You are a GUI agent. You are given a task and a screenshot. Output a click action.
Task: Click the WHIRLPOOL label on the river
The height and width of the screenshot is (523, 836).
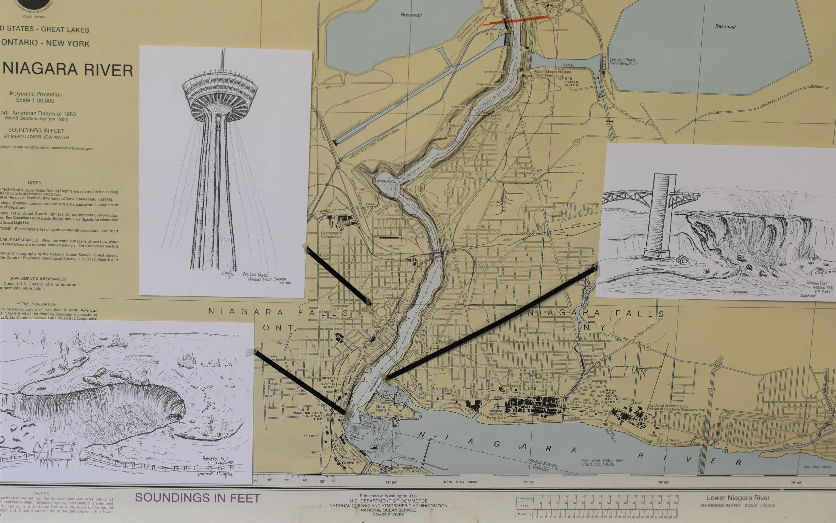point(386,181)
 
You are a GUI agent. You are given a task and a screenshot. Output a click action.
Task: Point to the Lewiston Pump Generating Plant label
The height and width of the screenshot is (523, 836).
point(623,62)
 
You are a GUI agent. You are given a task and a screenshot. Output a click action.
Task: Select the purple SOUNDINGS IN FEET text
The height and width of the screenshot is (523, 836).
point(197,498)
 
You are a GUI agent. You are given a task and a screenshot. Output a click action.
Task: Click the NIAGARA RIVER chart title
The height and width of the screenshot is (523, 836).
point(68,70)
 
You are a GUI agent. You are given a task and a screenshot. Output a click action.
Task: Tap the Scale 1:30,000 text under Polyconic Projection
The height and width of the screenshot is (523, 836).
point(35,101)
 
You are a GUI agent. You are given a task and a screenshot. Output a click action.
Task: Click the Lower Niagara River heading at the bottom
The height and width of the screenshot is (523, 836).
point(738,498)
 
